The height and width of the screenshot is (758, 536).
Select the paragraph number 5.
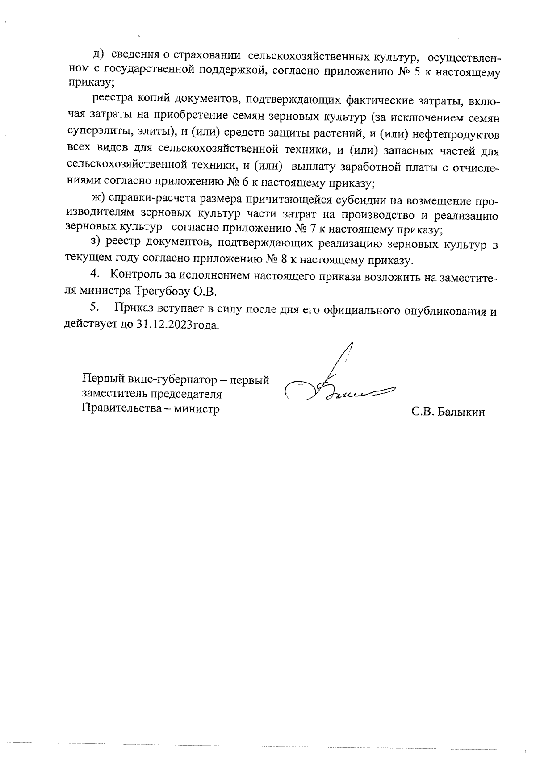[x=94, y=307]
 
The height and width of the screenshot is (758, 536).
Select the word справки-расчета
[x=152, y=199]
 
